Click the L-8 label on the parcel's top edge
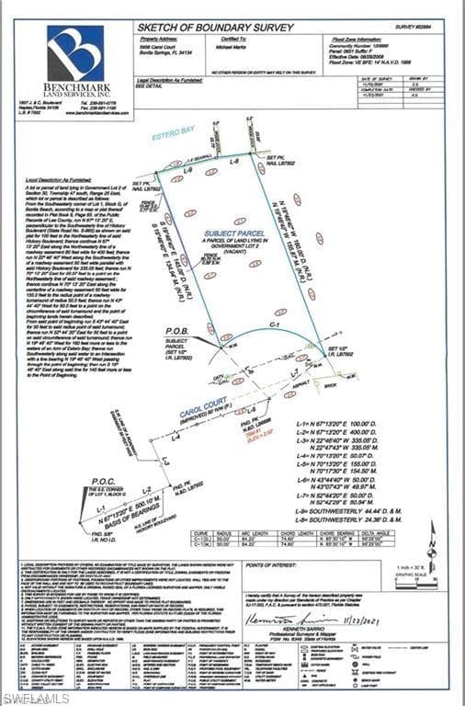(x=233, y=161)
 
